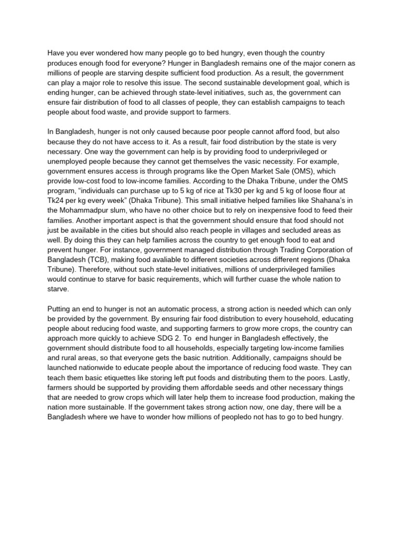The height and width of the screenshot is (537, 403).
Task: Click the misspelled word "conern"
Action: (321, 63)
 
